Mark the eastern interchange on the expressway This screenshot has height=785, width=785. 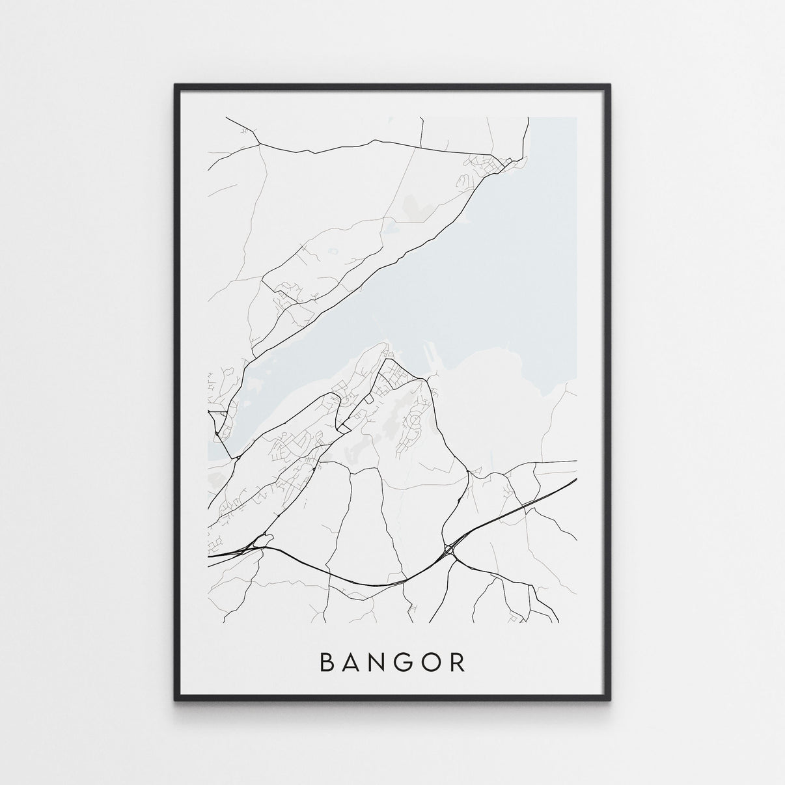tap(450, 551)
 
